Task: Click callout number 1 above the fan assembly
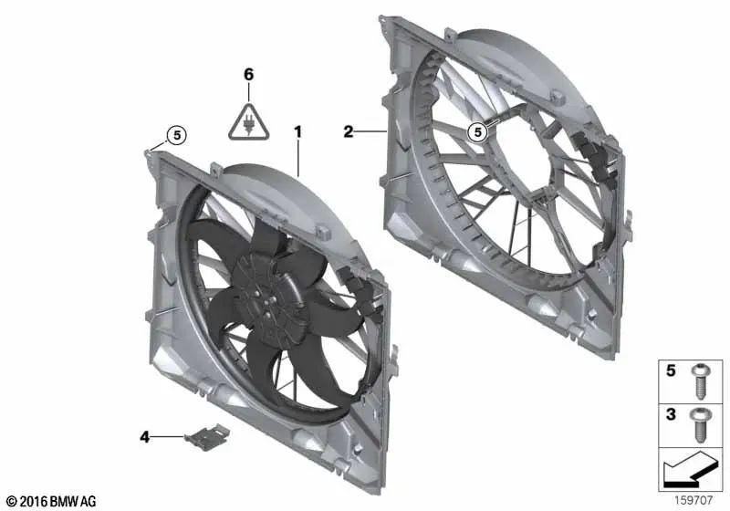tap(298, 132)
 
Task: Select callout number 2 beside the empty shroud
tap(349, 131)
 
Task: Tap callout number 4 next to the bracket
tap(145, 437)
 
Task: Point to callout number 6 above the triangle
tap(248, 75)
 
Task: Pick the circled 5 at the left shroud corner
tap(176, 135)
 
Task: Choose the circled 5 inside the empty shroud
tap(477, 132)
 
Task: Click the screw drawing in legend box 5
tap(700, 381)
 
